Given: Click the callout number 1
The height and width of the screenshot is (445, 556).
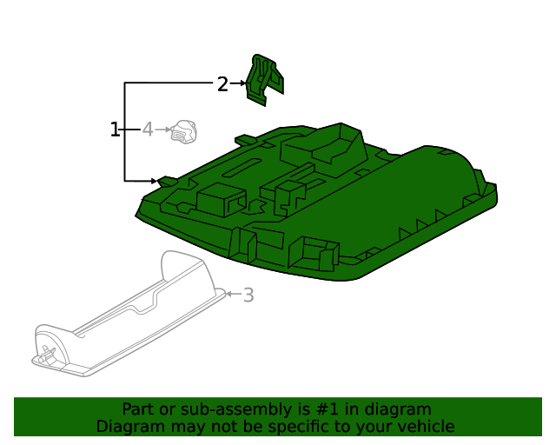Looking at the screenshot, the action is [115, 130].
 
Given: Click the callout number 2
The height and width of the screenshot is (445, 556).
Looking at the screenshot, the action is [222, 84].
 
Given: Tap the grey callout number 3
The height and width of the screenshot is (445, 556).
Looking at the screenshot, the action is [249, 295].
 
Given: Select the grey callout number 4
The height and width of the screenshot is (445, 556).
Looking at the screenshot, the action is [148, 130].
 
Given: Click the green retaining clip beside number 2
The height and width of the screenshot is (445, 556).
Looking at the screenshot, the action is [264, 80].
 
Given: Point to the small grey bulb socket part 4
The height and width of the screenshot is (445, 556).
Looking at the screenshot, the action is [183, 131].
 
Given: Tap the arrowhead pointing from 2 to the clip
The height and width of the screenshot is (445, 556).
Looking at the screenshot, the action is [243, 83].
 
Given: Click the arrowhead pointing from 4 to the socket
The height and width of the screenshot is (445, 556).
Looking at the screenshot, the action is [168, 130].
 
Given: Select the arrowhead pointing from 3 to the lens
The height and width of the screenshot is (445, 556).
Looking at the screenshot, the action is [229, 294].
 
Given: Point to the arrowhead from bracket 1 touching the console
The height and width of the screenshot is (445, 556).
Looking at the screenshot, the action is [154, 181].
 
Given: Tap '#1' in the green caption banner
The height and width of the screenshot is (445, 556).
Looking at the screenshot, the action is [328, 409].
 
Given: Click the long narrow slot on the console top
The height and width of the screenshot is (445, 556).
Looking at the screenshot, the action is [242, 167].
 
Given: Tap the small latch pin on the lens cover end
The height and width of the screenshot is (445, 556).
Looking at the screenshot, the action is [47, 354].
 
